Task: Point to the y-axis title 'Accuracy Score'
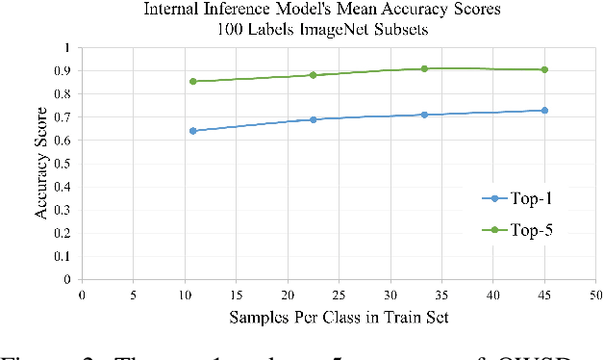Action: point(42,163)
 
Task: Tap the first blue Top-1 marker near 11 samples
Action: point(193,131)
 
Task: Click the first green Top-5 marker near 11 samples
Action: point(193,81)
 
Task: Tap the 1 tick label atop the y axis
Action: point(66,47)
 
